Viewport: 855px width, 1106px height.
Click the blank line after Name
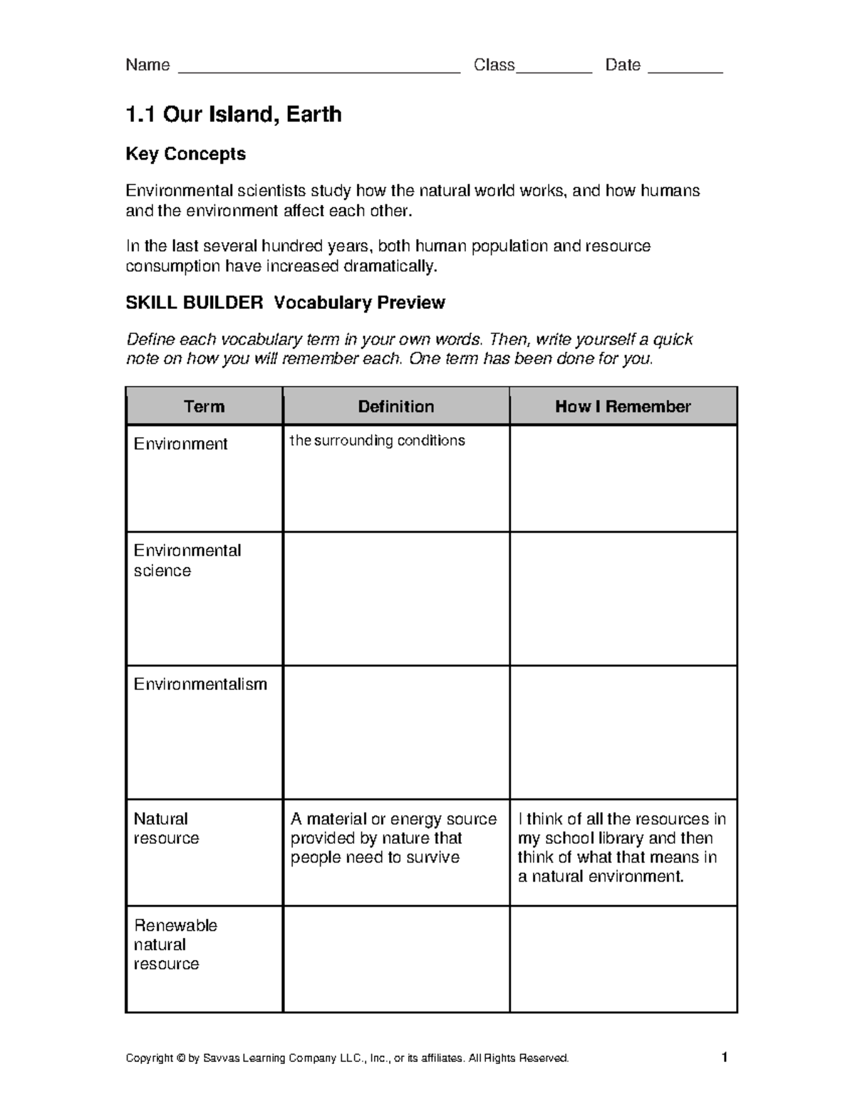318,70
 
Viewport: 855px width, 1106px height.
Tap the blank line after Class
554,70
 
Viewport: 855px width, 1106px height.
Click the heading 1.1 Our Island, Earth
233,114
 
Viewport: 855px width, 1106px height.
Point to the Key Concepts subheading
185,154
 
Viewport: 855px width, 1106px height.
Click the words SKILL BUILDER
194,303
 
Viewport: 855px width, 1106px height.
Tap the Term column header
204,407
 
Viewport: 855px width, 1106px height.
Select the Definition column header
395,407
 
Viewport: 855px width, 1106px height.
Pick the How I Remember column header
623,407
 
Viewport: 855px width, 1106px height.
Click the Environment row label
180,444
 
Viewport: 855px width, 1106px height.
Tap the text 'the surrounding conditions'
377,441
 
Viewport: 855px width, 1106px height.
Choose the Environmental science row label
187,560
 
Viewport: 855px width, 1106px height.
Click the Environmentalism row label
200,684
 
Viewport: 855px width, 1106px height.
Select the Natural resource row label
165,828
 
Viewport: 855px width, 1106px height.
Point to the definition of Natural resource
393,838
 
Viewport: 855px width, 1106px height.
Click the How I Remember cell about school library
621,847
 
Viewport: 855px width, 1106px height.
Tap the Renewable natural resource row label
175,944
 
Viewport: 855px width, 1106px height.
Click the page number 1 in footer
725,1058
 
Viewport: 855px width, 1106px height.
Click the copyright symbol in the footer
180,1058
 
